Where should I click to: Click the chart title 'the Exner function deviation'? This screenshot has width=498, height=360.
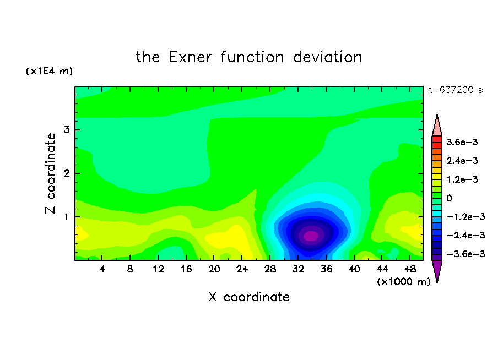[249, 57]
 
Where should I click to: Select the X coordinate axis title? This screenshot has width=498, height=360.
[249, 297]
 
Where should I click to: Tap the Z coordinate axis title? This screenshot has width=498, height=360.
[51, 173]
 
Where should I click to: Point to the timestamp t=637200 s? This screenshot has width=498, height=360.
[456, 90]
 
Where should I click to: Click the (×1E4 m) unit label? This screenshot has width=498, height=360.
[49, 71]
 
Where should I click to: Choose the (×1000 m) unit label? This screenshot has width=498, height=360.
[403, 282]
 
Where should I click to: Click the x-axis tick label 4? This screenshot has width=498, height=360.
[102, 269]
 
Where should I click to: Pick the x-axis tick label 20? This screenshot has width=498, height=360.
[214, 269]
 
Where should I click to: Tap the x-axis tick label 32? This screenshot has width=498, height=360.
[298, 269]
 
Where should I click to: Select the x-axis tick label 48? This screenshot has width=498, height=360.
[410, 269]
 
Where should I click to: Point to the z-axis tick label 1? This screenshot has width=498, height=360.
[66, 217]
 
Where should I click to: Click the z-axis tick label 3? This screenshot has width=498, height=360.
[66, 129]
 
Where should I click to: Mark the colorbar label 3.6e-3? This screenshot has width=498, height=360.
[462, 142]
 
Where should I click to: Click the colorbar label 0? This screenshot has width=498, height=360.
[449, 198]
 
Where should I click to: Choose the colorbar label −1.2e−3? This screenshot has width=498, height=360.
[465, 217]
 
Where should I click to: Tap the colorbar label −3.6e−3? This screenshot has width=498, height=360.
[465, 254]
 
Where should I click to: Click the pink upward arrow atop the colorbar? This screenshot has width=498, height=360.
[437, 126]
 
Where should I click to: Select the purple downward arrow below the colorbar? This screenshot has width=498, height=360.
[437, 270]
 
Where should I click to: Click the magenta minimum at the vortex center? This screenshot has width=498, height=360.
[311, 236]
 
